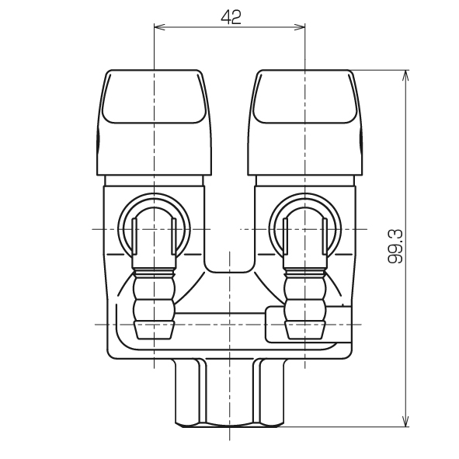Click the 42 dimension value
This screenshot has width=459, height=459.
(x=231, y=17)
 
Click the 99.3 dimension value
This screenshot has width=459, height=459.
(x=395, y=246)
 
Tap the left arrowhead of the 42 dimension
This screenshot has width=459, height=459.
(x=160, y=27)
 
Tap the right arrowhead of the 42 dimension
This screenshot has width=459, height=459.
(x=300, y=27)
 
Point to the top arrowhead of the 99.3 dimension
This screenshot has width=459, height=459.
(x=405, y=76)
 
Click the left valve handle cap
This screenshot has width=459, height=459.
(x=154, y=123)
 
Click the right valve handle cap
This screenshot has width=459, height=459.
(x=305, y=123)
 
